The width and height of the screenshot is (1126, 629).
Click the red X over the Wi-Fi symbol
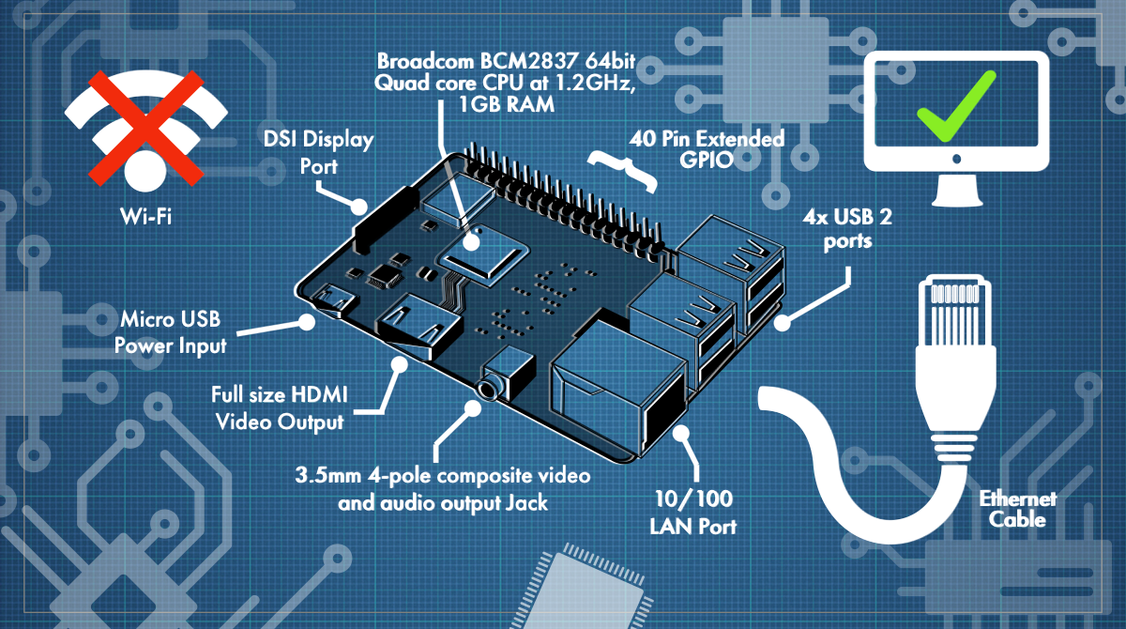(145, 129)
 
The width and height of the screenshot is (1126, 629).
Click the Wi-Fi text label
(145, 217)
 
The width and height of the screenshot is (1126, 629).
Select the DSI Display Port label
(319, 152)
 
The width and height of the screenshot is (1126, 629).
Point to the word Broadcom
(426, 61)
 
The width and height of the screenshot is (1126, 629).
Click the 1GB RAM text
(507, 104)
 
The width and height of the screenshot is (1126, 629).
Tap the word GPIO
(707, 160)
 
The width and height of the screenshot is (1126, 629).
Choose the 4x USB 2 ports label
(847, 229)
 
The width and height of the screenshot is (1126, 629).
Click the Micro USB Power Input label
(171, 332)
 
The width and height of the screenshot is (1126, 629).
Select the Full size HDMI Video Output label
(280, 408)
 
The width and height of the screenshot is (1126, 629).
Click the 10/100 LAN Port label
(693, 513)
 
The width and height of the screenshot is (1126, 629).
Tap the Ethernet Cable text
(1018, 509)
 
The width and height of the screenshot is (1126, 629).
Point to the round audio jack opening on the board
(487, 389)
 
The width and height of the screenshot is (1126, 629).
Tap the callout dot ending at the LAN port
(681, 433)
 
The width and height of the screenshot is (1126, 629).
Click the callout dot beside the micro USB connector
(306, 322)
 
